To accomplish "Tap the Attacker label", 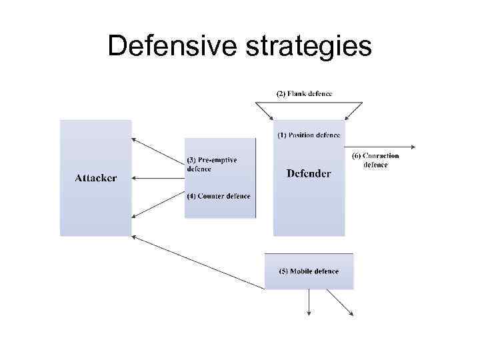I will click(95, 178).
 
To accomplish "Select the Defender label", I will click(309, 174).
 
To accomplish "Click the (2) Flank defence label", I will click(304, 93).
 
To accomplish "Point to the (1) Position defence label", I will click(309, 135).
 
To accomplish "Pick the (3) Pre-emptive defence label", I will click(212, 165).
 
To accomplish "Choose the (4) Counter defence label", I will click(219, 196).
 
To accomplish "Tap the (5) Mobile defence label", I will click(309, 271).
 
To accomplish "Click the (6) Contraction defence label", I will click(375, 161).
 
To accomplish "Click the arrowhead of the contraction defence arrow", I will click(414, 146).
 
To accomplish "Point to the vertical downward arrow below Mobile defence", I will click(309, 303).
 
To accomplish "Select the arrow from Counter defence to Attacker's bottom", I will click(159, 206).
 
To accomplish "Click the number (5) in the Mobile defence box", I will click(283, 271).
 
